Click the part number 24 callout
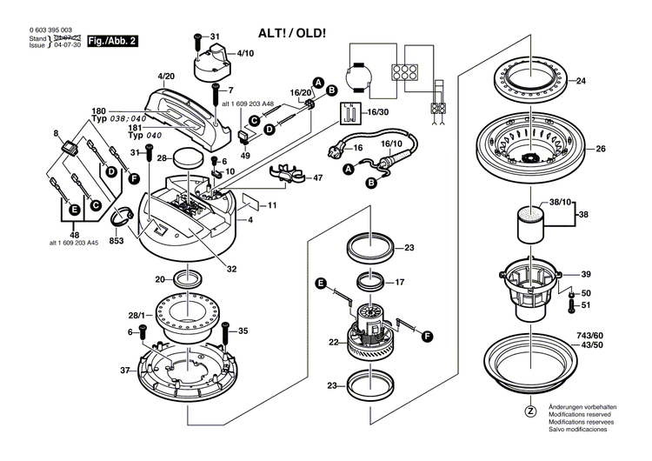(x=605, y=82)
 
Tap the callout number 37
(x=123, y=370)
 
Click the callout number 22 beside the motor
(x=333, y=342)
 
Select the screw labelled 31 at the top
(x=198, y=38)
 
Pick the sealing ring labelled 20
(x=188, y=280)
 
